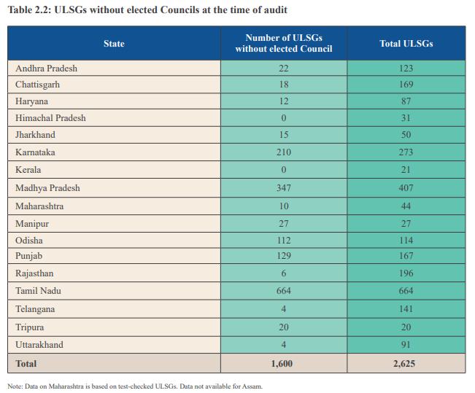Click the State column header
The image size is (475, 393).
(114, 44)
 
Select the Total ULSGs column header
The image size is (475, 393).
(406, 44)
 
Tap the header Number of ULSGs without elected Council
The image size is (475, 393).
(283, 44)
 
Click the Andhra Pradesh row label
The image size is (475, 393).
(46, 68)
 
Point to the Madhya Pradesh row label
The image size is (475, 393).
(47, 187)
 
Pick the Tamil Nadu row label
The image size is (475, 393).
(39, 291)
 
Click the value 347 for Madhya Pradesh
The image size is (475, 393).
(283, 187)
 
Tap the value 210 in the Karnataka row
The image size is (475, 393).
(283, 152)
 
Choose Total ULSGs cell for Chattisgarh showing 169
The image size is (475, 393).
(406, 85)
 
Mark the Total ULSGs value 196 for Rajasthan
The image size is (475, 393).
(406, 273)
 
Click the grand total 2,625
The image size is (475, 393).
(406, 363)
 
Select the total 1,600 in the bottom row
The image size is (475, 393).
(283, 363)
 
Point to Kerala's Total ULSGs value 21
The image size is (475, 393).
(406, 170)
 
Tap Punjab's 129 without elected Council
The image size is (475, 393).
(283, 256)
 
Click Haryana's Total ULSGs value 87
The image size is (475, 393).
(406, 101)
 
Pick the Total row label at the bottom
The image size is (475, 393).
(26, 363)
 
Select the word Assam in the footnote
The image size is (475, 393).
(252, 386)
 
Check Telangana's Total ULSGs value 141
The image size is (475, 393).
(406, 308)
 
